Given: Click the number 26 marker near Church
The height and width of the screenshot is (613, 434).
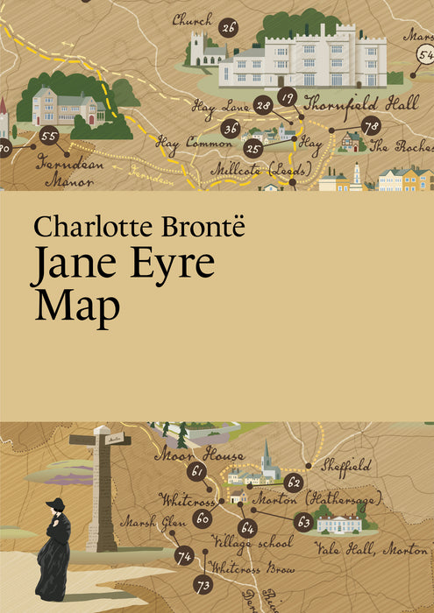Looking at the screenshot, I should (x=228, y=28).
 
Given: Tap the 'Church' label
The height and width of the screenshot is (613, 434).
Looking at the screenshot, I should (x=192, y=18).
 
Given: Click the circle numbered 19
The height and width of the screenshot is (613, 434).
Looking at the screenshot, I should (x=287, y=96).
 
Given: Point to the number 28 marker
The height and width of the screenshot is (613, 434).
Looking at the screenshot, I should (x=263, y=107).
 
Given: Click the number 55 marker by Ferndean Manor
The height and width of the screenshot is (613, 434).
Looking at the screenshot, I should (x=49, y=137).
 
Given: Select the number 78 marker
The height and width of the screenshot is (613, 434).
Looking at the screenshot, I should (x=371, y=126).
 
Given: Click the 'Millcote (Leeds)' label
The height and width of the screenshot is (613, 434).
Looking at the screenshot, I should (x=254, y=166).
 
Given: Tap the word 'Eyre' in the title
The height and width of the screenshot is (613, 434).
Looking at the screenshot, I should (x=170, y=264).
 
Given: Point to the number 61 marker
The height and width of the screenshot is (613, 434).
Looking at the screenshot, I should (x=198, y=471).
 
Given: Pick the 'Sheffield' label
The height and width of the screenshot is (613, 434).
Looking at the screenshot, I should (x=346, y=464).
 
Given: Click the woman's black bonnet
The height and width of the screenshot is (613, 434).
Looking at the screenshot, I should (x=56, y=506).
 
